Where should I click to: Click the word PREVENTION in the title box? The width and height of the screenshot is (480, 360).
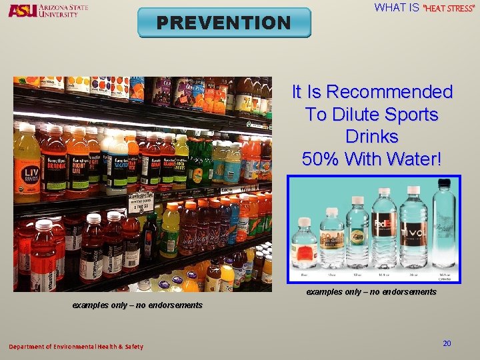point(224,23)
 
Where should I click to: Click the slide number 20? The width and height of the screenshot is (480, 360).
point(447,343)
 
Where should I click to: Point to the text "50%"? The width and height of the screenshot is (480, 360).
point(323,159)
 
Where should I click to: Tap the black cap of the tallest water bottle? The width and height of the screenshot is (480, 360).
point(442,182)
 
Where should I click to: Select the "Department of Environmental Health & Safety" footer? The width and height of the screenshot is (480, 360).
point(75,347)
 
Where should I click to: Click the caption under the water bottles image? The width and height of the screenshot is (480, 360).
point(371,292)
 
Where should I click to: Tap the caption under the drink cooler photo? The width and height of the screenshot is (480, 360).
point(137,305)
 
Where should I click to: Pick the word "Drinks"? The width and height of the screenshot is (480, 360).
point(372,137)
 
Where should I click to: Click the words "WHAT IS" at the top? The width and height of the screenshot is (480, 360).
point(397,8)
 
